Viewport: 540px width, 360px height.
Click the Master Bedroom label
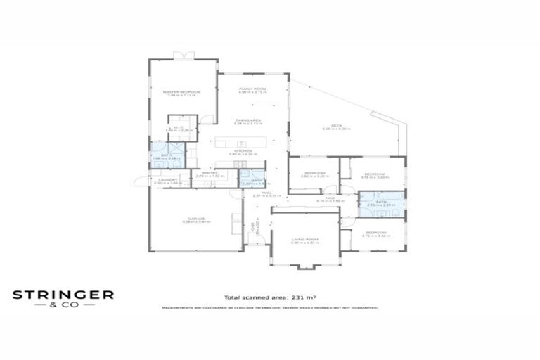click(182, 92)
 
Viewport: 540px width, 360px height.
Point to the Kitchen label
click(243, 150)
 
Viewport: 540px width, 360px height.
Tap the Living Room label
click(305, 240)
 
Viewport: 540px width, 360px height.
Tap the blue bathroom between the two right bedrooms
click(381, 203)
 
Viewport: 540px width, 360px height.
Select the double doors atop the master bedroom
click(184, 56)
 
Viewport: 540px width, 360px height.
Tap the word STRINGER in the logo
click(63, 295)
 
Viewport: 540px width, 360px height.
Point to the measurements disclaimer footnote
click(270, 308)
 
